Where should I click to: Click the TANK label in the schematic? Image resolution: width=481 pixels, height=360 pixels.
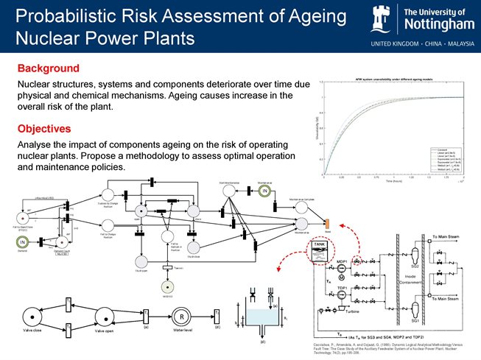(320, 244)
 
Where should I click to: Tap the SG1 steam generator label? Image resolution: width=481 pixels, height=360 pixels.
(415, 321)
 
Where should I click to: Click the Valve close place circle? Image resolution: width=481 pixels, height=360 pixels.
(30, 317)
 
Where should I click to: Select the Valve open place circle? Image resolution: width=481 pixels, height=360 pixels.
(98, 317)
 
